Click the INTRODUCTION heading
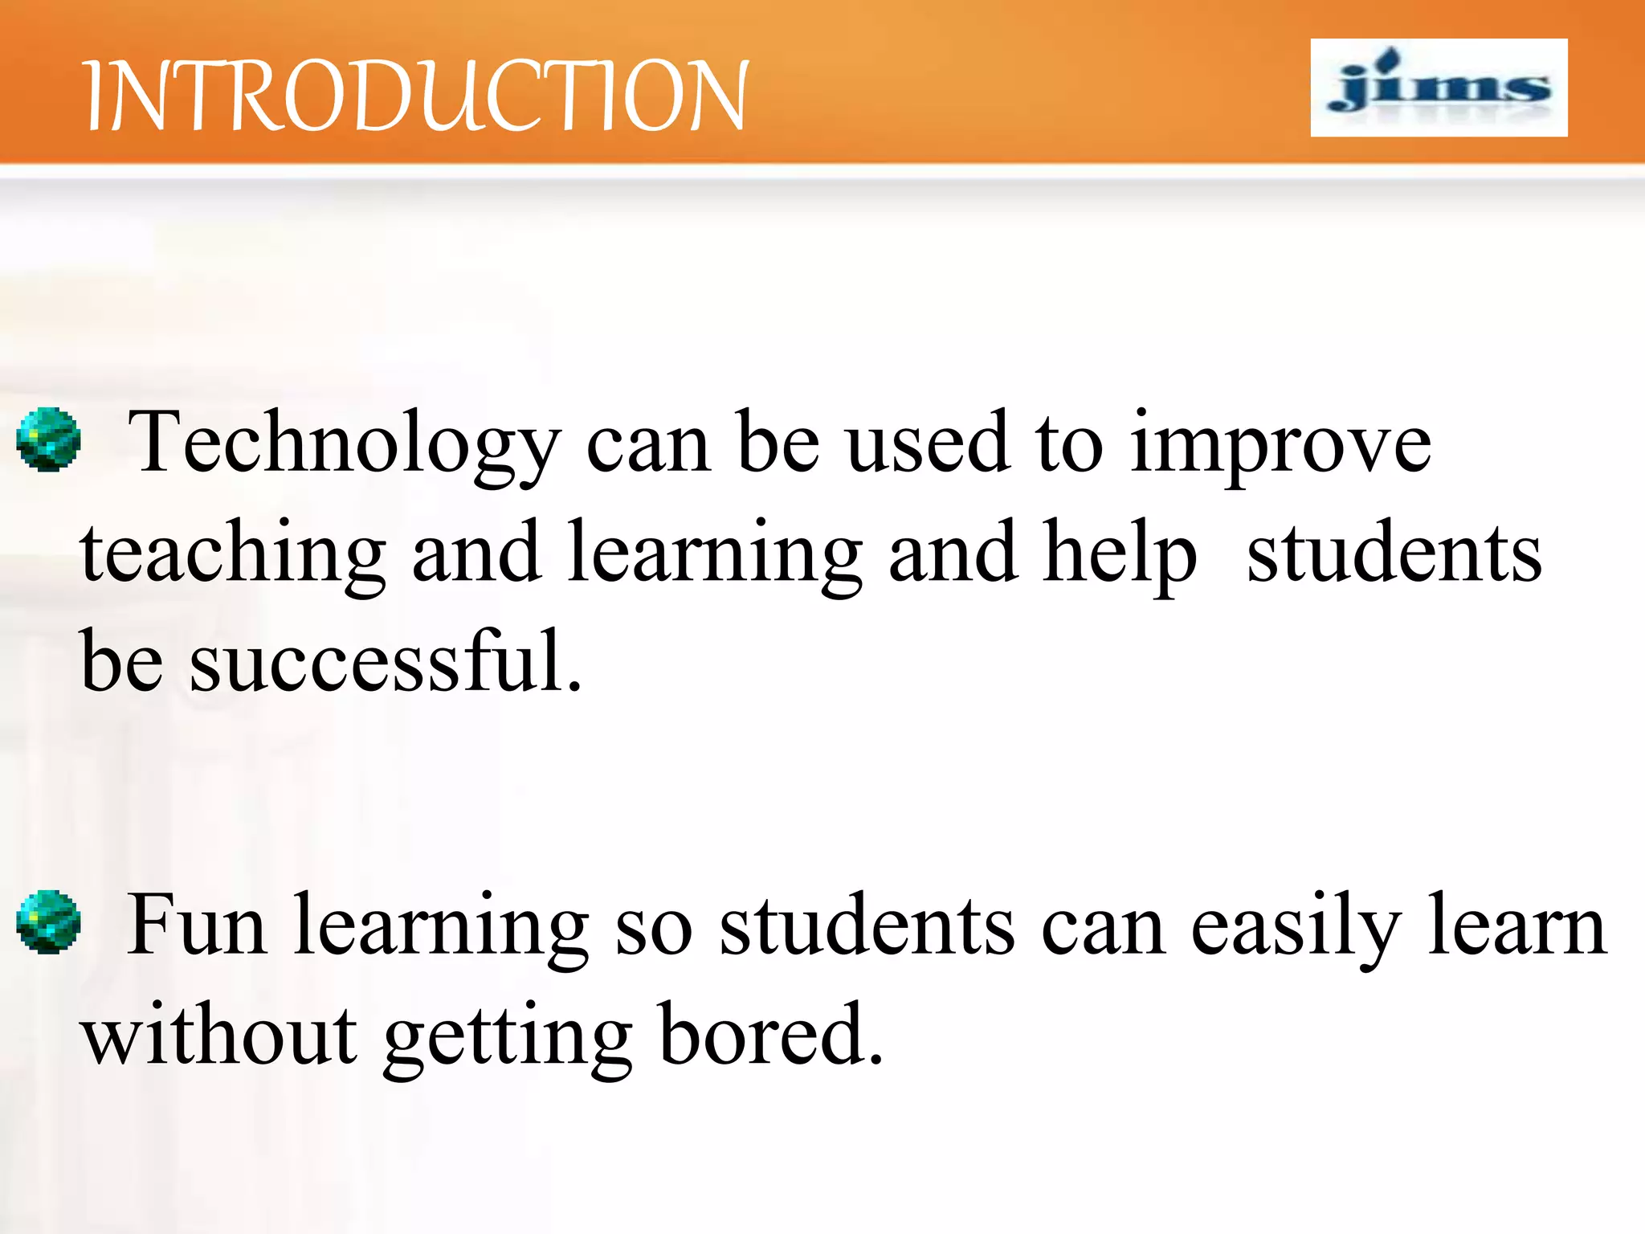pyautogui.click(x=416, y=96)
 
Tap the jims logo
pyautogui.click(x=1439, y=88)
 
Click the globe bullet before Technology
pyautogui.click(x=49, y=439)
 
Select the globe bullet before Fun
pyautogui.click(x=49, y=921)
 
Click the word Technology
pyautogui.click(x=344, y=443)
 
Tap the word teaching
pyautogui.click(x=233, y=554)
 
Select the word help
pyautogui.click(x=1120, y=554)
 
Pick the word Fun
pyautogui.click(x=198, y=925)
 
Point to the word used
pyautogui.click(x=929, y=443)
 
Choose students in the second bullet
pyautogui.click(x=867, y=925)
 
